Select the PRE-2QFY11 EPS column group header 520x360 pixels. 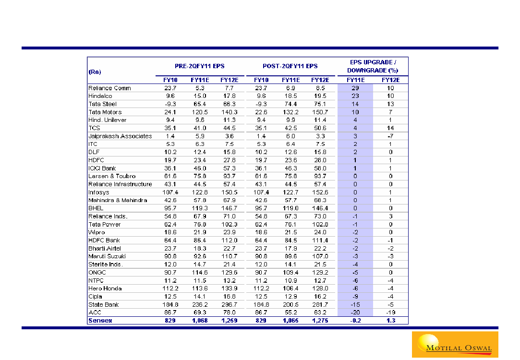(x=199, y=66)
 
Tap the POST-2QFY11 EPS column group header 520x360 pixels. (x=290, y=66)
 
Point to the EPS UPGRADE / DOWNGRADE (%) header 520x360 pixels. (x=373, y=67)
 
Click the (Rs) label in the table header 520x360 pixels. (x=94, y=72)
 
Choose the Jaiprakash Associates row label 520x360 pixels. (x=120, y=136)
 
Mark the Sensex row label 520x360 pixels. (x=100, y=321)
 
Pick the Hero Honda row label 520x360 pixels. (x=105, y=288)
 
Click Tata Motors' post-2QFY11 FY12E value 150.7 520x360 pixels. (x=320, y=112)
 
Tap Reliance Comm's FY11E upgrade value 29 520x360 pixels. (x=355, y=88)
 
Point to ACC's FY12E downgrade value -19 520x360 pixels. (x=391, y=312)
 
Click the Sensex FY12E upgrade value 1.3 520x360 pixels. (x=391, y=321)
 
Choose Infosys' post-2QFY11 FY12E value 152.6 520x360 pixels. (x=320, y=192)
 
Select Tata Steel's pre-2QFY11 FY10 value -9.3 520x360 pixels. (x=170, y=104)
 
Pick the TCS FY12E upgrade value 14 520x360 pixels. (x=391, y=128)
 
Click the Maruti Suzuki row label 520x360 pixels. (x=107, y=256)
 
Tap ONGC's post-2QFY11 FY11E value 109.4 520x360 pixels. (x=290, y=273)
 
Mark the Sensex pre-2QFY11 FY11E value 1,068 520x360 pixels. (x=199, y=321)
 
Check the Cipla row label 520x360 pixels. (x=96, y=297)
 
